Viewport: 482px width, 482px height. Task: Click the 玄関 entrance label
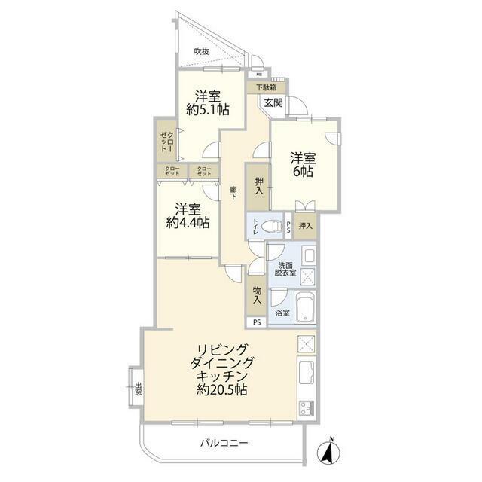[x=273, y=102]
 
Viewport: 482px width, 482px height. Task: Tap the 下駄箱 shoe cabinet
[x=266, y=87]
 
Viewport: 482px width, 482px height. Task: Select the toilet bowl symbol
[x=271, y=227]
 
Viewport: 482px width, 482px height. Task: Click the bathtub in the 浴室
[x=305, y=307]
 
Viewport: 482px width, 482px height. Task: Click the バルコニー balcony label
[x=224, y=443]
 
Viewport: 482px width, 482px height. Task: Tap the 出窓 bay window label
[x=139, y=389]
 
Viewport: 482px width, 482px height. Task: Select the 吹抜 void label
[x=202, y=52]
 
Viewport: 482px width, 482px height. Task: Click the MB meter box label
[x=259, y=75]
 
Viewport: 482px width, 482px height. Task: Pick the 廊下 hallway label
[x=233, y=193]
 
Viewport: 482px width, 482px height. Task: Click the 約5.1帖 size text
[x=208, y=110]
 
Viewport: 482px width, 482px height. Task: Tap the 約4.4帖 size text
[x=188, y=222]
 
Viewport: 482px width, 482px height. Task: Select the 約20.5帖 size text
[x=222, y=390]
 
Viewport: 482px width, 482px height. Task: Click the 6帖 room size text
[x=303, y=171]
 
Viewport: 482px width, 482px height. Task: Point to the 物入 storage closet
[x=257, y=295]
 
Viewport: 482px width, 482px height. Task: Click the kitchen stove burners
[x=307, y=408]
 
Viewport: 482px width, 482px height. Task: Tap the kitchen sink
[x=307, y=372]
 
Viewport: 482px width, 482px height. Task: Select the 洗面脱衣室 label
[x=285, y=269]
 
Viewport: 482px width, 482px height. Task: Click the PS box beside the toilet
[x=288, y=227]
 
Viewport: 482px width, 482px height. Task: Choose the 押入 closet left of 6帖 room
[x=258, y=187]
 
